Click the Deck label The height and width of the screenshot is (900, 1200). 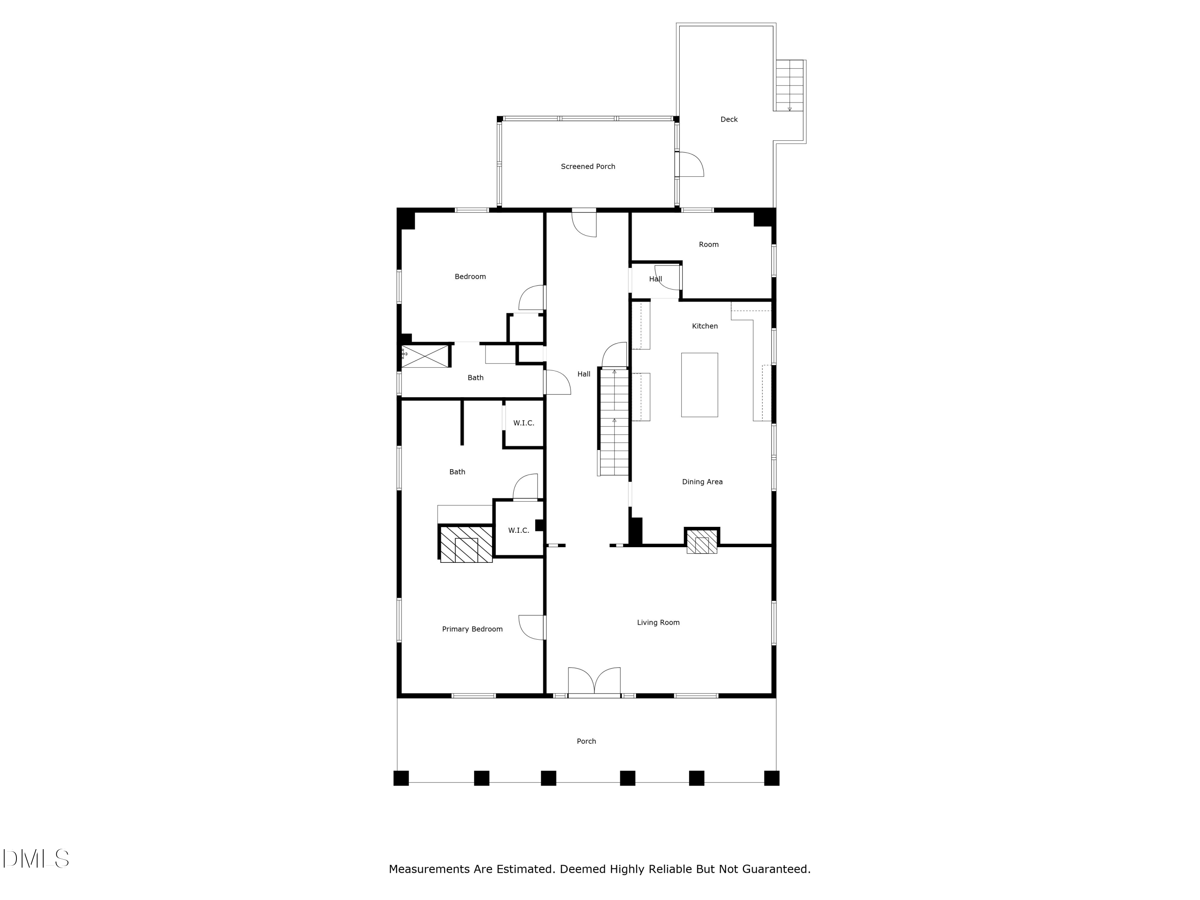728,119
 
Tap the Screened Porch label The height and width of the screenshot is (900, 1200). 588,166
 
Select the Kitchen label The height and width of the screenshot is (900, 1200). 705,326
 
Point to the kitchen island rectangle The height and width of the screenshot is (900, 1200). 699,385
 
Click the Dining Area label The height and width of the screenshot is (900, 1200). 702,482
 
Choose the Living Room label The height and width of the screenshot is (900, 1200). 658,622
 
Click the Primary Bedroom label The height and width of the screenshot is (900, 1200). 472,629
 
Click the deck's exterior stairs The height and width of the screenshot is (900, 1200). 789,85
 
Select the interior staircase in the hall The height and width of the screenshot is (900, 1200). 614,422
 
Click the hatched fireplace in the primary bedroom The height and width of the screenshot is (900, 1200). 466,544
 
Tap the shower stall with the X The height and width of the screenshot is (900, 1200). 425,356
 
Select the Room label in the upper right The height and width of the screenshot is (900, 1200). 708,245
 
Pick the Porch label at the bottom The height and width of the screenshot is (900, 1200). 586,741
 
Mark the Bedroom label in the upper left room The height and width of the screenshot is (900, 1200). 470,277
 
